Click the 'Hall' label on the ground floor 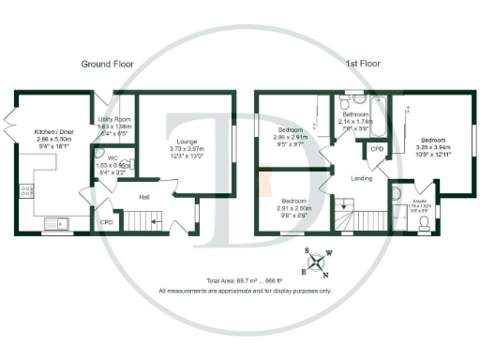(x=143, y=197)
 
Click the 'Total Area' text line (x=246, y=281)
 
